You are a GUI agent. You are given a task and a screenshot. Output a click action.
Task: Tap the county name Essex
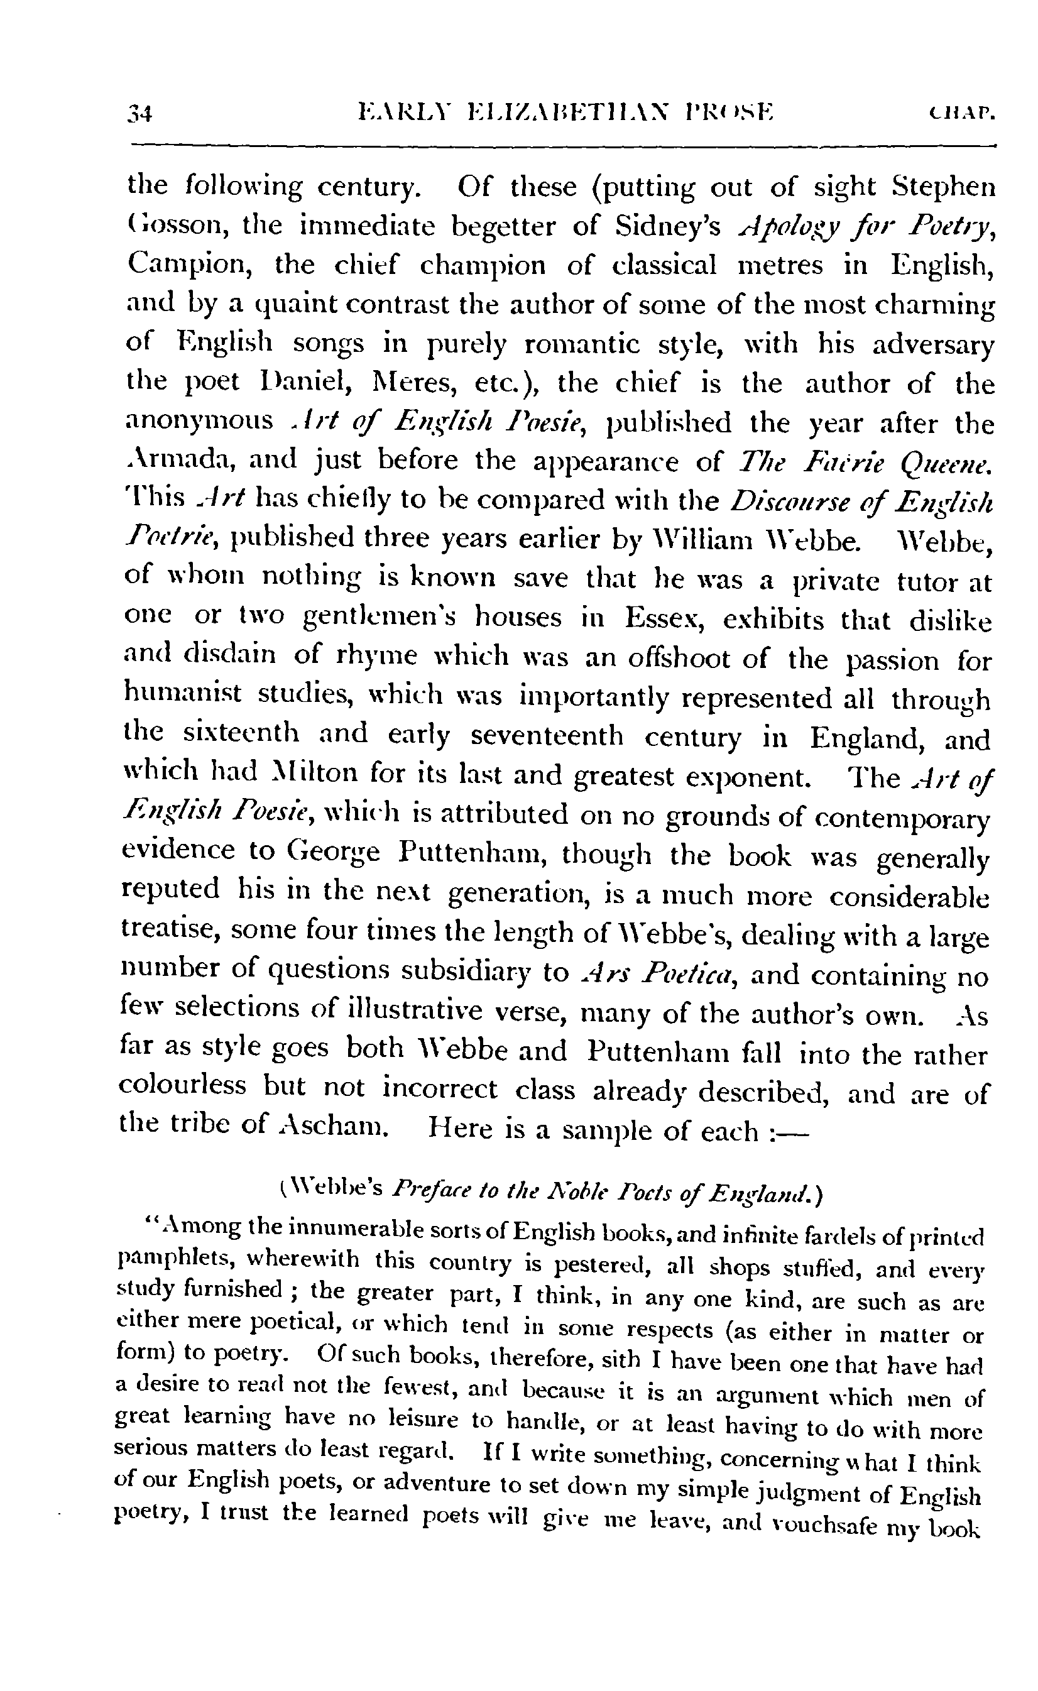click(660, 618)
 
